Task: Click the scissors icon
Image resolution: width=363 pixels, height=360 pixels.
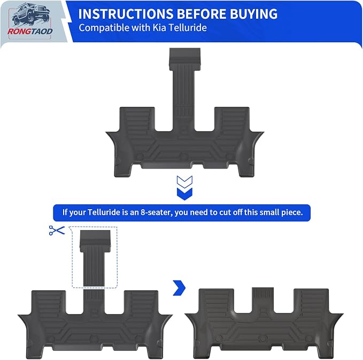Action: pos(57,230)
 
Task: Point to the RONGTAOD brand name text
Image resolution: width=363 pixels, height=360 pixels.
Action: pos(30,31)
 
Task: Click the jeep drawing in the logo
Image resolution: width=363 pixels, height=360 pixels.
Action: pos(31,14)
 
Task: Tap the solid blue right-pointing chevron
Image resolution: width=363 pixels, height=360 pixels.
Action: pos(180,288)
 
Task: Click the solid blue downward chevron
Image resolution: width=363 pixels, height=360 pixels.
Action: pos(184,194)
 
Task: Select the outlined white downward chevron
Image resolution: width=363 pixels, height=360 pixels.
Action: pos(184,182)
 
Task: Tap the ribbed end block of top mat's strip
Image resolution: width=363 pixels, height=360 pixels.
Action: pos(185,59)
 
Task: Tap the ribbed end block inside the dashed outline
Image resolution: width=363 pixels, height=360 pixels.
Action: pos(95,241)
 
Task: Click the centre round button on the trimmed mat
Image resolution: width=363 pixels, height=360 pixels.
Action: pos(262,339)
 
